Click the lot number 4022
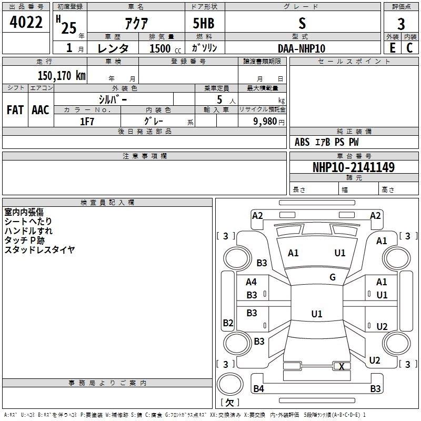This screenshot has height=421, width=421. pos(26,22)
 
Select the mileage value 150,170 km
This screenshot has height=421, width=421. pos(62,76)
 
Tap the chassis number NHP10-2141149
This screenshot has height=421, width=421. pos(354,167)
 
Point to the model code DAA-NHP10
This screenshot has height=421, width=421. pos(302,48)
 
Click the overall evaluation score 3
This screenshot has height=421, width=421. pos(401,24)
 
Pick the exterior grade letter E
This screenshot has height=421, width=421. pos(393,48)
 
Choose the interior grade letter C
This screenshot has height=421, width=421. pos(409,48)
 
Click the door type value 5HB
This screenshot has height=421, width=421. pos(204,23)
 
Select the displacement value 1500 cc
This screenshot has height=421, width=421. pos(165,48)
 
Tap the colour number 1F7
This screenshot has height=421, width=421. pos(87,122)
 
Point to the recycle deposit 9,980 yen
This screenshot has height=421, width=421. pos(269,122)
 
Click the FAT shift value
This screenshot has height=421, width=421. pos(15,110)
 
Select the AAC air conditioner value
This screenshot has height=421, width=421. pos(41,110)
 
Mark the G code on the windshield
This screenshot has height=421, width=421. pos(333,277)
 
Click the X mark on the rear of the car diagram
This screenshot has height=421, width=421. pos(342,366)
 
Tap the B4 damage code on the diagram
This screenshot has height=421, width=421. pos(258,388)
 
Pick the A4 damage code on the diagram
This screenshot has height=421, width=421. pos(251,282)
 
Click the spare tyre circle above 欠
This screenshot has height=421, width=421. pos(230,384)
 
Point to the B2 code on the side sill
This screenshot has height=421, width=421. pos(228,323)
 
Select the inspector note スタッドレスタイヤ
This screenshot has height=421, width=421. pos(39,249)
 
